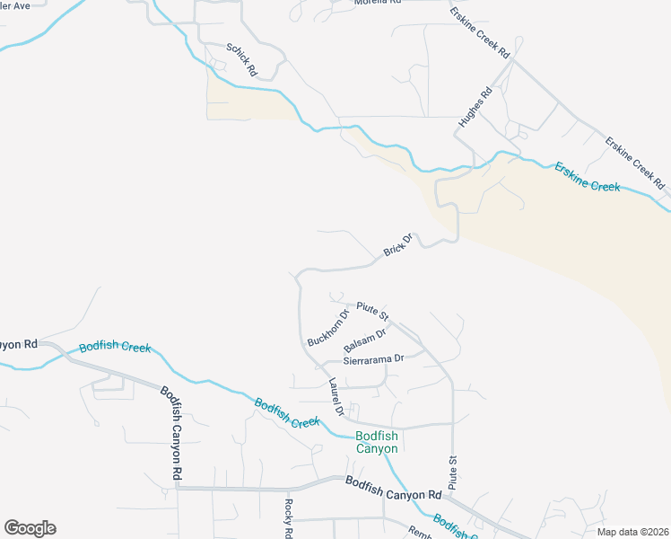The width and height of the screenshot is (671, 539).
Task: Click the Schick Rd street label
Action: [242, 59]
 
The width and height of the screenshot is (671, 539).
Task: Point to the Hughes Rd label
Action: [475, 106]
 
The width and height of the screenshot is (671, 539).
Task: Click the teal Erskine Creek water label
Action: [587, 176]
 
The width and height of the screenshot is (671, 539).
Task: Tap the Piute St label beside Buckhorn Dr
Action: [372, 311]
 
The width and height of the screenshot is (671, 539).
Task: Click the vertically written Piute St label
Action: [453, 473]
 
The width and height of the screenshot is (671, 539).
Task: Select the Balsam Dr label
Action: [364, 340]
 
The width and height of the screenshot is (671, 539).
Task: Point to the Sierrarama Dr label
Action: [375, 358]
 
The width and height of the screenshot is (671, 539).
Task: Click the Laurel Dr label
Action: [335, 396]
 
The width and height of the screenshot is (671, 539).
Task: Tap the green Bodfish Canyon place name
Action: [377, 442]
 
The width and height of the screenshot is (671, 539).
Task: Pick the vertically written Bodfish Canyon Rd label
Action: [172, 432]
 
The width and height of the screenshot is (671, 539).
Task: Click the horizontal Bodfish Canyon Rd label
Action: [394, 489]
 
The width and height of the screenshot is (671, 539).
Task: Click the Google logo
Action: [30, 528]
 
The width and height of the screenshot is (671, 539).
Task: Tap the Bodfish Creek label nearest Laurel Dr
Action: [287, 414]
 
